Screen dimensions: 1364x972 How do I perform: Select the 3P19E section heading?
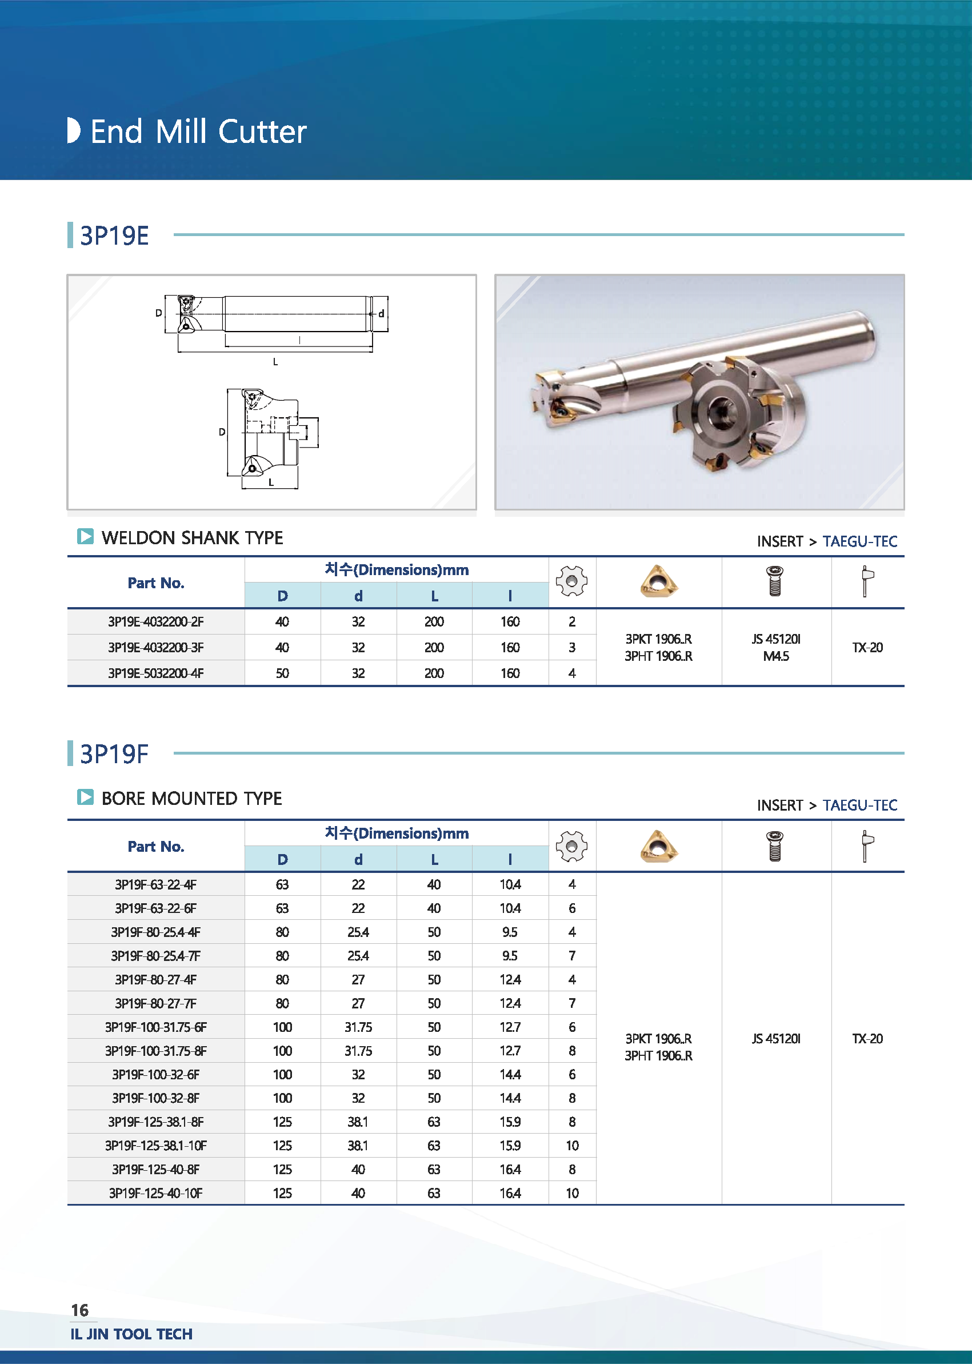click(x=114, y=236)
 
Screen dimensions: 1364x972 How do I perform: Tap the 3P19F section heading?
click(x=114, y=754)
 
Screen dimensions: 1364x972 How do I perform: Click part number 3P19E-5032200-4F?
click(x=155, y=673)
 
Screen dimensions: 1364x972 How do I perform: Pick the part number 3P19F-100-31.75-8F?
click(x=155, y=1051)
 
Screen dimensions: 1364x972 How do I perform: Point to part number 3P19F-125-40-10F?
click(x=155, y=1193)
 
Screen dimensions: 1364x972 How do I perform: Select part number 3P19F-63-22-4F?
click(x=155, y=884)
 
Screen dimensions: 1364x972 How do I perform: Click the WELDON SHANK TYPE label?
click(x=192, y=538)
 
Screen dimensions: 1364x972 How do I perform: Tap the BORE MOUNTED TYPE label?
click(x=191, y=798)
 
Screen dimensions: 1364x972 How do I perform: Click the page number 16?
click(x=79, y=1311)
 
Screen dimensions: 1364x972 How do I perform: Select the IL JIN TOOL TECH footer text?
click(x=131, y=1334)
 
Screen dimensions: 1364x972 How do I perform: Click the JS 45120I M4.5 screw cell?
click(x=775, y=647)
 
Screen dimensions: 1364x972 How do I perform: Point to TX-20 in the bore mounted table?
click(x=867, y=1038)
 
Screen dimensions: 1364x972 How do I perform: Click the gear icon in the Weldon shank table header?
click(x=571, y=581)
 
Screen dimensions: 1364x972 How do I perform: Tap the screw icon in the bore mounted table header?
click(x=774, y=846)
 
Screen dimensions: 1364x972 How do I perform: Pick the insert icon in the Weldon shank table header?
click(x=658, y=581)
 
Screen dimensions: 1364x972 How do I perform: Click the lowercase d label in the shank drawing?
click(x=381, y=314)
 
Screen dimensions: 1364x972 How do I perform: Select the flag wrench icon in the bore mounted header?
click(x=867, y=846)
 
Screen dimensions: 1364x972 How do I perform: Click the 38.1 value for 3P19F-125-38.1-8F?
click(x=358, y=1122)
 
